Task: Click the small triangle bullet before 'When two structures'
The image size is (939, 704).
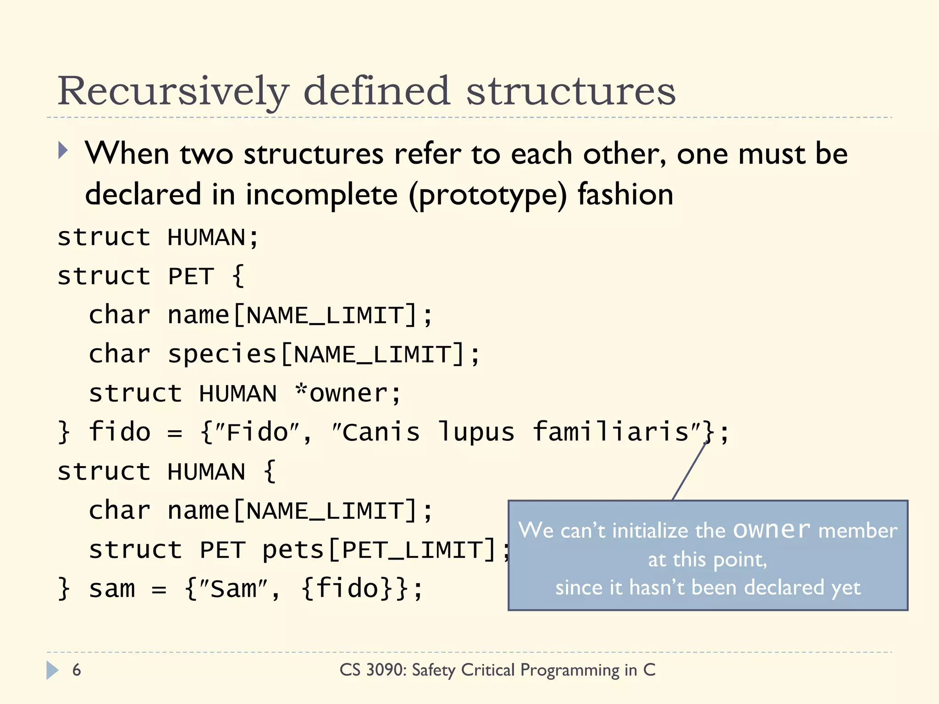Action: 63,150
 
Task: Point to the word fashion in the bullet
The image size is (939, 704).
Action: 625,194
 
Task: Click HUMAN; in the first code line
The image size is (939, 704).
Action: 213,238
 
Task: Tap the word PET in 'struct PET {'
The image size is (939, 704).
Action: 191,277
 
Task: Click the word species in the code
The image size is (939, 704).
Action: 222,355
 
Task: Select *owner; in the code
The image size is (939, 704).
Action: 348,394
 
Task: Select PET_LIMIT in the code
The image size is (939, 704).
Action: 419,550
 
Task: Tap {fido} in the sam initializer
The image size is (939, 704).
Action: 348,589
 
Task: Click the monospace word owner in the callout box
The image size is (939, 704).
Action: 772,530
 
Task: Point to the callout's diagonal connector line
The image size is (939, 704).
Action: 689,472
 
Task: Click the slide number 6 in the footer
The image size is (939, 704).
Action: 77,670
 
